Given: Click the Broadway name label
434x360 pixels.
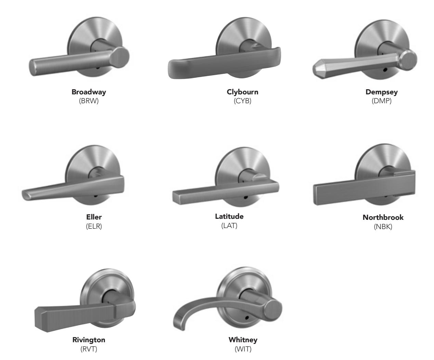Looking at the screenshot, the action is pyautogui.click(x=89, y=92).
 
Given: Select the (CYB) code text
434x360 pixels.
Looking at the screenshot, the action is pyautogui.click(x=242, y=101).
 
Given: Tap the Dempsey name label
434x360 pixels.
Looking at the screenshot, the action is pyautogui.click(x=382, y=92).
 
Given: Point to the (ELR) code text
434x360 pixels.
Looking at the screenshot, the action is pyautogui.click(x=94, y=226).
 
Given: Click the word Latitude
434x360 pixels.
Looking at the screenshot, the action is pyautogui.click(x=229, y=216).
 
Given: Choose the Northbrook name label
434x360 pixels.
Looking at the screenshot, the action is pyautogui.click(x=383, y=217).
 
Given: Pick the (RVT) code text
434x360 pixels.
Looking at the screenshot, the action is pyautogui.click(x=89, y=349).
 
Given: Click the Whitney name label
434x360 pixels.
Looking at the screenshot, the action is pyautogui.click(x=243, y=340).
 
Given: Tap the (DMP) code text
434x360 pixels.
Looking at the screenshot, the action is pyautogui.click(x=382, y=101).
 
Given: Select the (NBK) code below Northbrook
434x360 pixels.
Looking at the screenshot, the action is pyautogui.click(x=383, y=227).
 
